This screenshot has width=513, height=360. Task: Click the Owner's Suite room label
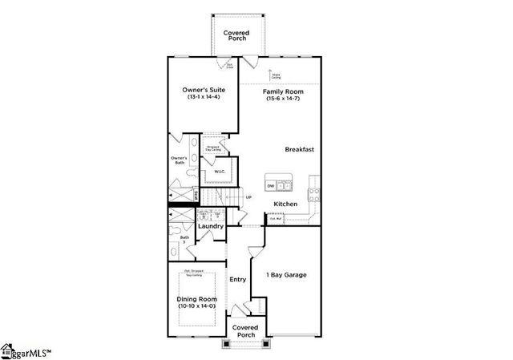pyautogui.click(x=203, y=91)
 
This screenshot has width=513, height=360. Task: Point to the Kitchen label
pyautogui.click(x=285, y=204)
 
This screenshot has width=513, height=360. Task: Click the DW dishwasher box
pyautogui.click(x=271, y=186)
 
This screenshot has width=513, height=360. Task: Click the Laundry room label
pyautogui.click(x=211, y=226)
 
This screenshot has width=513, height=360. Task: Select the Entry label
pyautogui.click(x=238, y=280)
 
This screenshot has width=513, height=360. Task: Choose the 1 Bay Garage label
pyautogui.click(x=287, y=275)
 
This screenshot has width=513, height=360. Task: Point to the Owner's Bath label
pyautogui.click(x=180, y=160)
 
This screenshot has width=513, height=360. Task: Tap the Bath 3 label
pyautogui.click(x=184, y=238)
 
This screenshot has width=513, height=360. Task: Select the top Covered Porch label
pyautogui.click(x=236, y=36)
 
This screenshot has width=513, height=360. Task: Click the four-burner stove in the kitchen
pyautogui.click(x=315, y=192)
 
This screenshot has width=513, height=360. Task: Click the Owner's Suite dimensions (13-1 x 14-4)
pyautogui.click(x=203, y=98)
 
